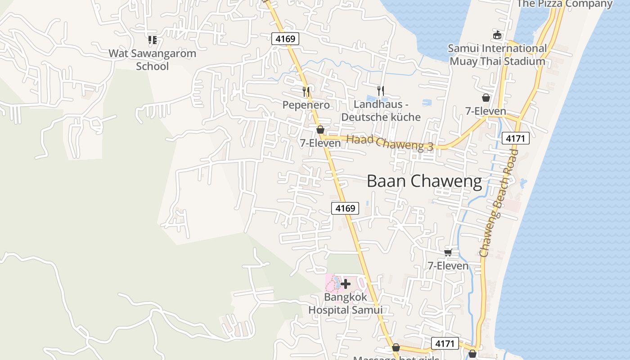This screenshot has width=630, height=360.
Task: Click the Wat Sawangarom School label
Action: tap(152, 60)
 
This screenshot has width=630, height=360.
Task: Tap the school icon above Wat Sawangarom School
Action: tap(152, 40)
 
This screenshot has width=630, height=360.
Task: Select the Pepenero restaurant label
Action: tap(306, 105)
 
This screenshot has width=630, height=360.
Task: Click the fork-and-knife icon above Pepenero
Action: tap(306, 92)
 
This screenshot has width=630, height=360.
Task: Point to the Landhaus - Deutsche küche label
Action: tap(381, 111)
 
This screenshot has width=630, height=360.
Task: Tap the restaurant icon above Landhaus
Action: tap(381, 91)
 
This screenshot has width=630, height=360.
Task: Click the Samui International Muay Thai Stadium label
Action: tap(497, 54)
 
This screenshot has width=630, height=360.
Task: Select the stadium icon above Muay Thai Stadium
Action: tap(497, 35)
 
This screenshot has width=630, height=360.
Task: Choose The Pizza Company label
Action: tap(564, 4)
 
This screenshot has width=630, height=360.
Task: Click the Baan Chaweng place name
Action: tap(424, 181)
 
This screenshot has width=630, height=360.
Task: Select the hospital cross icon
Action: tap(346, 284)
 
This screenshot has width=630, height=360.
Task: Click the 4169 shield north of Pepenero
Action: tap(285, 39)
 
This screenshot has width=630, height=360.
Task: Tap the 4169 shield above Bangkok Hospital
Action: tap(345, 208)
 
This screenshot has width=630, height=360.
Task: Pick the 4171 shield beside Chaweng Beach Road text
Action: tap(515, 139)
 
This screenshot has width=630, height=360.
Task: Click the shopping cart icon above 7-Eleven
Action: tap(448, 252)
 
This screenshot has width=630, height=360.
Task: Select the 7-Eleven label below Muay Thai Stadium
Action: tap(486, 111)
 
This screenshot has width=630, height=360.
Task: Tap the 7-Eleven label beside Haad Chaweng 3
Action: tap(320, 143)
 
